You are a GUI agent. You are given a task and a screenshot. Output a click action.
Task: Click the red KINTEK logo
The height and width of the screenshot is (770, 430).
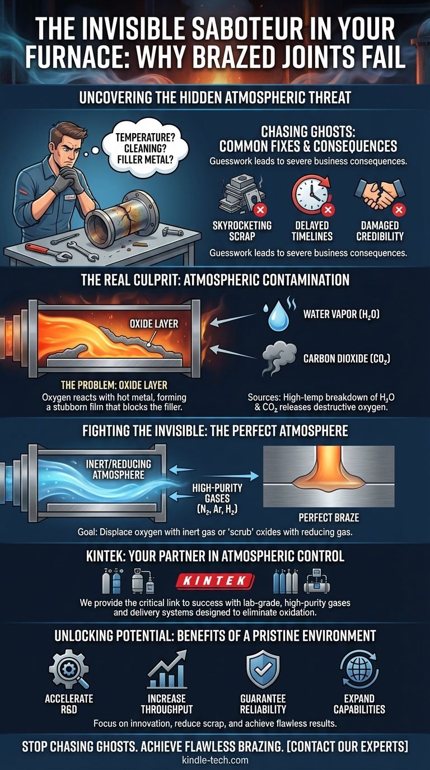pyautogui.click(x=215, y=581)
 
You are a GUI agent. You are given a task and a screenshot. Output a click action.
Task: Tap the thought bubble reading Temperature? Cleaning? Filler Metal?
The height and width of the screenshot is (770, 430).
pyautogui.click(x=145, y=148)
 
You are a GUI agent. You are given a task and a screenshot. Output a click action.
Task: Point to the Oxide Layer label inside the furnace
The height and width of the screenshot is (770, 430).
pyautogui.click(x=154, y=323)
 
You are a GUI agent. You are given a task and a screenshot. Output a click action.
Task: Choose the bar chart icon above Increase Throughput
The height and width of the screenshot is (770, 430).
pyautogui.click(x=167, y=669)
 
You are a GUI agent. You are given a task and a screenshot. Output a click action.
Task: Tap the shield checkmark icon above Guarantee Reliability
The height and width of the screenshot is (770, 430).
pyautogui.click(x=263, y=669)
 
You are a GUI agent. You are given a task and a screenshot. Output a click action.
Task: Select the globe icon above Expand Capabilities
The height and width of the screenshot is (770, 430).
pyautogui.click(x=359, y=669)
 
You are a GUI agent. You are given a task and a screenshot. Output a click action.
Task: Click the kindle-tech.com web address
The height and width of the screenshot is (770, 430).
pyautogui.click(x=215, y=759)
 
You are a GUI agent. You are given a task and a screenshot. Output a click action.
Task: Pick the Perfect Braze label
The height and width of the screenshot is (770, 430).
pyautogui.click(x=329, y=518)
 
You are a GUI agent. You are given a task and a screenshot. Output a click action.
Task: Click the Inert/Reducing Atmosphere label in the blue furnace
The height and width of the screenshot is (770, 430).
pyautogui.click(x=118, y=469)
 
